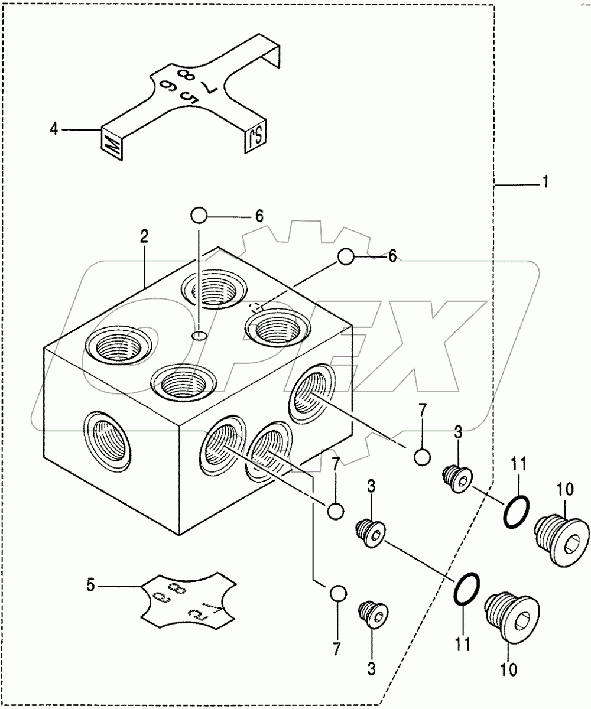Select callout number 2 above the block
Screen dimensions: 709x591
(x=144, y=237)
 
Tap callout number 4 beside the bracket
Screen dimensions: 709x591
(x=54, y=129)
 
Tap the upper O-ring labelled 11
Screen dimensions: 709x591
(x=517, y=511)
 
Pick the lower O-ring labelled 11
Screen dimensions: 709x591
(x=467, y=589)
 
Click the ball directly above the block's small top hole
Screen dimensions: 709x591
(x=199, y=216)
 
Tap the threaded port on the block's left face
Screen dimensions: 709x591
(x=108, y=441)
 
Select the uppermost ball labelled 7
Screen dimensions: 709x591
(x=422, y=457)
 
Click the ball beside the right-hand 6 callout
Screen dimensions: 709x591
(x=346, y=256)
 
